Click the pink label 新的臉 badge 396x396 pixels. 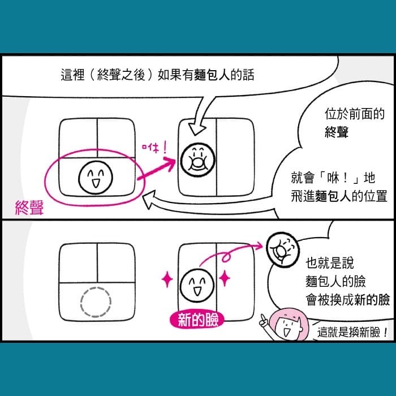click(197, 320)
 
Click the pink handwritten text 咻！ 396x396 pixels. click(154, 148)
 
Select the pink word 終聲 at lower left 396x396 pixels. click(29, 208)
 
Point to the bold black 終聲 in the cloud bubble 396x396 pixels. click(337, 132)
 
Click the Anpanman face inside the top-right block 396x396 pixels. click(197, 160)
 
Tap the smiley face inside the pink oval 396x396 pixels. click(96, 177)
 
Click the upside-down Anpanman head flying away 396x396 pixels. click(283, 249)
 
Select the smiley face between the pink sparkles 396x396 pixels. click(197, 285)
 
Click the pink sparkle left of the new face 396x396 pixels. click(167, 279)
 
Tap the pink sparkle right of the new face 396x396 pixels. click(225, 278)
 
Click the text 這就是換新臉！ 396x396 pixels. click(352, 333)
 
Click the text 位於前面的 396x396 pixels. click(354, 114)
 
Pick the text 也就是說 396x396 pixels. click(330, 263)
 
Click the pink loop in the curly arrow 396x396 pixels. click(226, 257)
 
